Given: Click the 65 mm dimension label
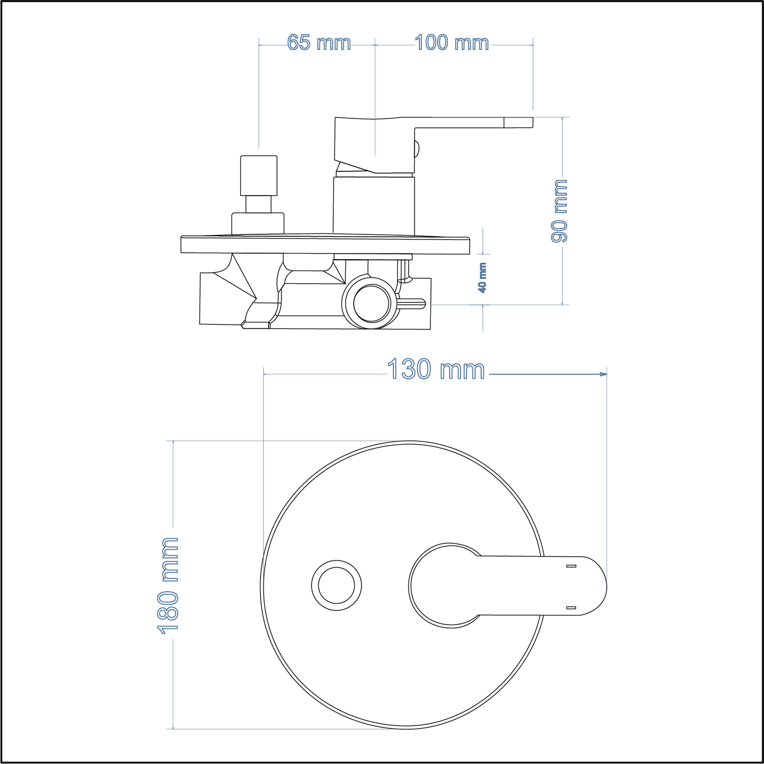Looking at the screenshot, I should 319,43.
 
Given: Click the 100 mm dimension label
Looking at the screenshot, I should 452,43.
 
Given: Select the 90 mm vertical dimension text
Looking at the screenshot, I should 559,210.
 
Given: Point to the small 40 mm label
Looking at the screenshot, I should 482,278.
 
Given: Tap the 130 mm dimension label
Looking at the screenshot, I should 436,370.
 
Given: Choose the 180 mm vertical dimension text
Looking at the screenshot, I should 169,585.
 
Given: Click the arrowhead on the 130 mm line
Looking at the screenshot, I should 603,374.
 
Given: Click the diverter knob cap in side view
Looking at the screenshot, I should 259,175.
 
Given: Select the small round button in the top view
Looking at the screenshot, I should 336,586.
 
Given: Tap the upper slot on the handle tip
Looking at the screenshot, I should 570,566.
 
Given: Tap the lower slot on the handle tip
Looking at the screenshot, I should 570,608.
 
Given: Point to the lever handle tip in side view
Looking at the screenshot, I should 518,122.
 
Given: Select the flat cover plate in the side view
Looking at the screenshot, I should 325,245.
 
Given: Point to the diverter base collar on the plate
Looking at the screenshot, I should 257,223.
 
